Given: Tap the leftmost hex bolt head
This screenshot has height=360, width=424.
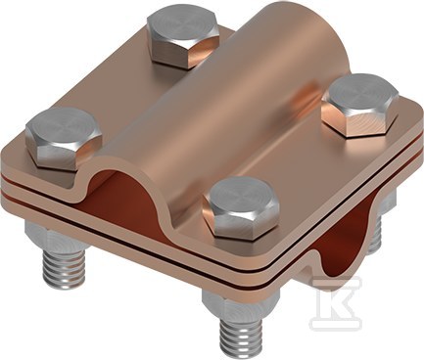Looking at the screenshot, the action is [x=64, y=139].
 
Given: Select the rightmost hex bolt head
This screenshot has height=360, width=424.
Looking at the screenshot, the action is [x=360, y=105].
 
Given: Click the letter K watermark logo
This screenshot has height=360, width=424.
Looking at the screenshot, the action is [x=336, y=303].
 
